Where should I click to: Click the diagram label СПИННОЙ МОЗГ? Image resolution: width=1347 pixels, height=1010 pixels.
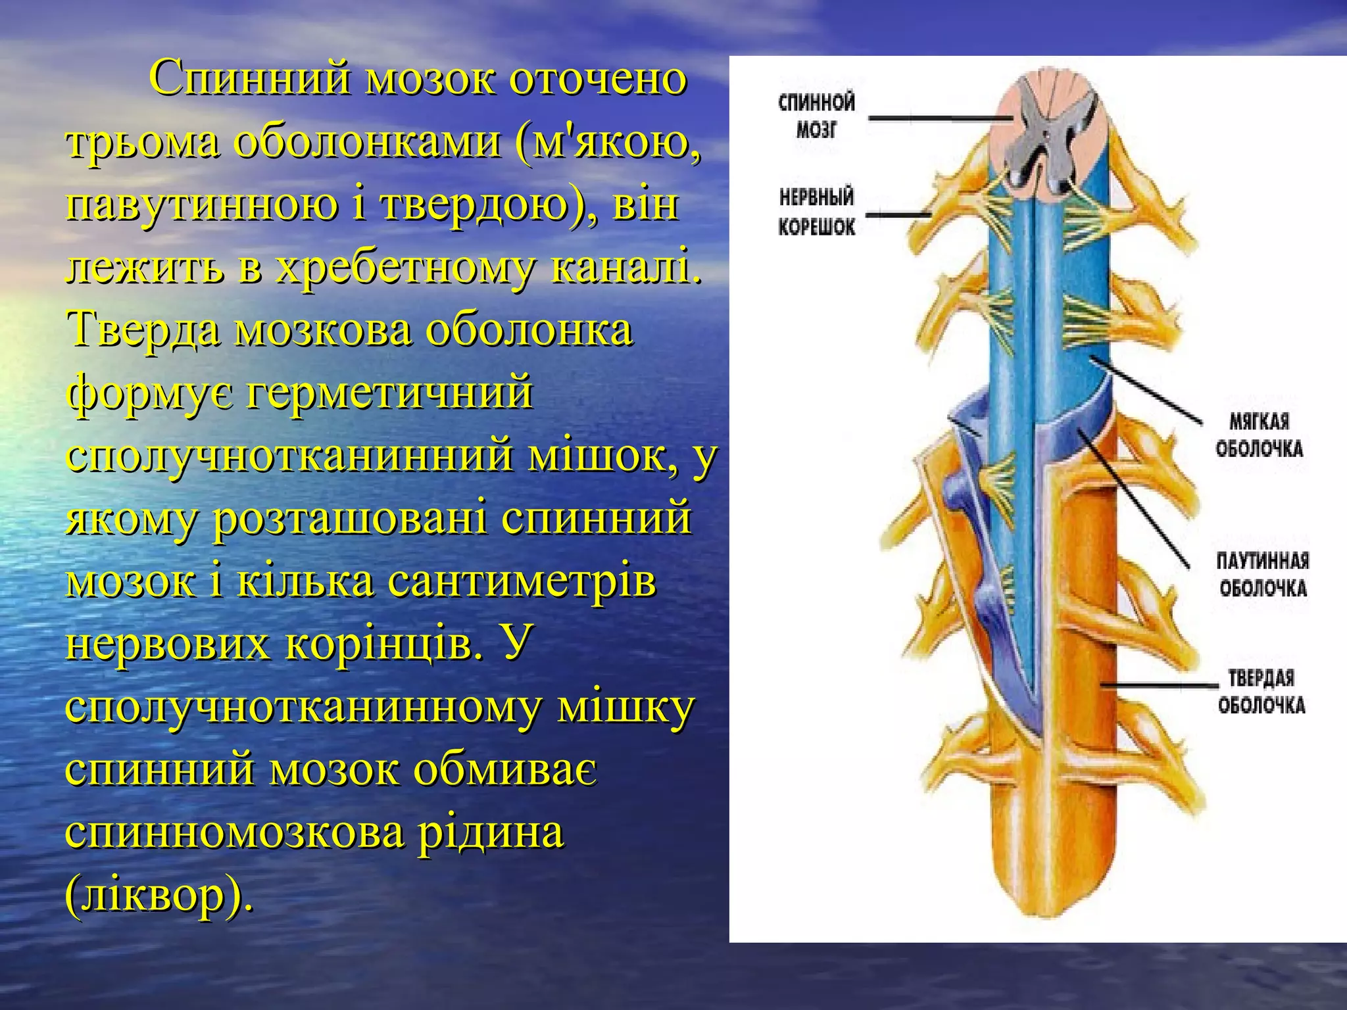pyautogui.click(x=816, y=116)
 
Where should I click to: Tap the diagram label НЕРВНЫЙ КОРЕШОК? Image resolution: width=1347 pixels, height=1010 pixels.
pyautogui.click(x=816, y=211)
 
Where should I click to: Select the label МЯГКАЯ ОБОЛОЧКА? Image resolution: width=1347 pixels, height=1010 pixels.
pyautogui.click(x=1259, y=435)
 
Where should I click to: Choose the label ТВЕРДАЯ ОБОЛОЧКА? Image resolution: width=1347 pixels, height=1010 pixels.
pyautogui.click(x=1261, y=692)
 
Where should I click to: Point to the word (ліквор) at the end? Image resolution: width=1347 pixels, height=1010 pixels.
pyautogui.click(x=158, y=896)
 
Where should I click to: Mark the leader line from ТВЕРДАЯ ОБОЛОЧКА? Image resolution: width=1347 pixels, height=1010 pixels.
pyautogui.click(x=1158, y=685)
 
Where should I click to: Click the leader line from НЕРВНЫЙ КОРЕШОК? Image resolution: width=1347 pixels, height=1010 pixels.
pyautogui.click(x=898, y=214)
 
